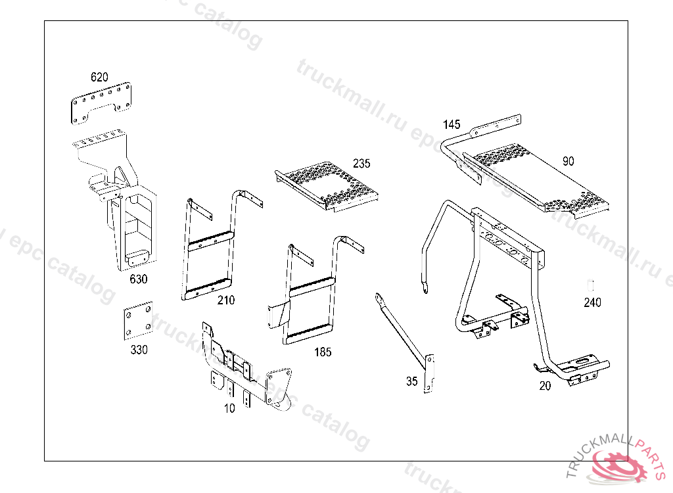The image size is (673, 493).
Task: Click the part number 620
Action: click(99, 77)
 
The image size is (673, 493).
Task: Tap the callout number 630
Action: click(139, 279)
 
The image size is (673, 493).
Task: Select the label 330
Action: click(139, 350)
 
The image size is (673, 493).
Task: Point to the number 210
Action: click(226, 300)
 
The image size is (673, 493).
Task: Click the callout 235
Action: click(361, 163)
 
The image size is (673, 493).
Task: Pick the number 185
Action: click(323, 352)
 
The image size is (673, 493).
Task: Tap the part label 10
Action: click(229, 408)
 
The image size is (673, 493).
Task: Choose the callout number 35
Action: click(411, 381)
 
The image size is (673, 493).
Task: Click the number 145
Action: click(452, 124)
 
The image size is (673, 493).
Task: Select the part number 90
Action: click(569, 161)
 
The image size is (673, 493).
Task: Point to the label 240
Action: click(592, 302)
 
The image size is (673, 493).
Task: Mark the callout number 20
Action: click(545, 386)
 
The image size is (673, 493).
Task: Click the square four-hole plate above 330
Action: click(138, 321)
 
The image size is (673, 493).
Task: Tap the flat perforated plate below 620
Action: click(101, 103)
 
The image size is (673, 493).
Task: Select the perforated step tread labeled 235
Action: click(327, 187)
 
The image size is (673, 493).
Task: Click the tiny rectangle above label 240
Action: click(591, 285)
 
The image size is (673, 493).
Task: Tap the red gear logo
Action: click(618, 466)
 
